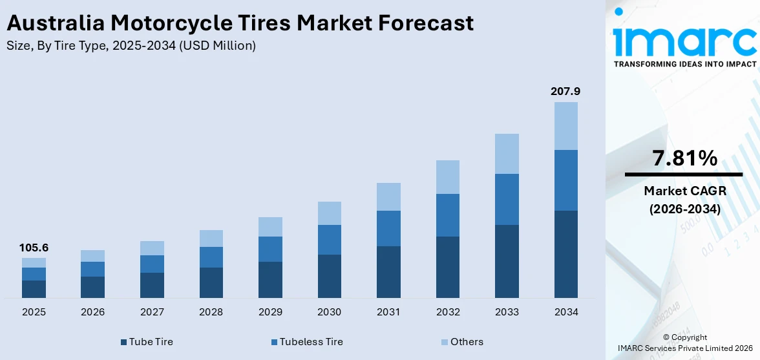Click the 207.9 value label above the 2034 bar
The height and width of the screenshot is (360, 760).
565,92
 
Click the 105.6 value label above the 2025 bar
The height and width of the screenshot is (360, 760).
34,248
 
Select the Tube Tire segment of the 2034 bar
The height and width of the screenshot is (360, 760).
565,254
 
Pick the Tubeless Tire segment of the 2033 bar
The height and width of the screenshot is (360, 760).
507,199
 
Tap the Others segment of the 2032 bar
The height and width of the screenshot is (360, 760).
447,177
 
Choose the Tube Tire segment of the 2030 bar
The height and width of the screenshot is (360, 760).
329,276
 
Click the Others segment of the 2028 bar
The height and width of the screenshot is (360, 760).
211,238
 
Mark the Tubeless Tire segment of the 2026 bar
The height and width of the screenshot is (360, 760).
92,269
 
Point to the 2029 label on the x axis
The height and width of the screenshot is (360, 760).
270,312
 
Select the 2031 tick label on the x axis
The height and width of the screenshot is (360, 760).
388,312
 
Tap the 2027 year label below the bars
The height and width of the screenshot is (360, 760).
152,312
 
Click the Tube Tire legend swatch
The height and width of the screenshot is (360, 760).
123,342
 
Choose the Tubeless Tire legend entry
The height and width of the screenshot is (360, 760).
308,342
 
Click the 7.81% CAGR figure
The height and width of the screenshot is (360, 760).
684,158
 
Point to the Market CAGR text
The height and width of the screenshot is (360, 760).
684,191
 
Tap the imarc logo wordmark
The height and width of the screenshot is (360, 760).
684,40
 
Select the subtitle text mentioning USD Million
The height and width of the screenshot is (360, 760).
131,46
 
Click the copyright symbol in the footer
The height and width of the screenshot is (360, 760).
666,337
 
